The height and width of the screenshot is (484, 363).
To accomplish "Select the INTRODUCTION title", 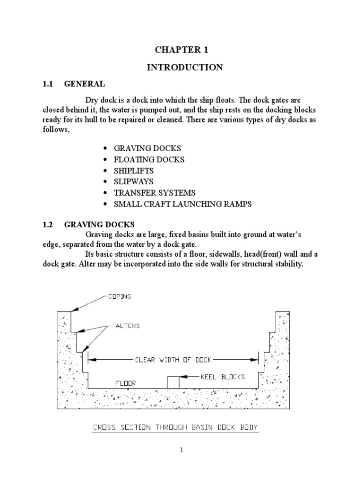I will (x=185, y=68).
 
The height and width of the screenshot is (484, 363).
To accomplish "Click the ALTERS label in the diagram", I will (x=128, y=326).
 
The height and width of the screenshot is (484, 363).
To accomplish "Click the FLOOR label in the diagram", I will (x=126, y=383).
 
